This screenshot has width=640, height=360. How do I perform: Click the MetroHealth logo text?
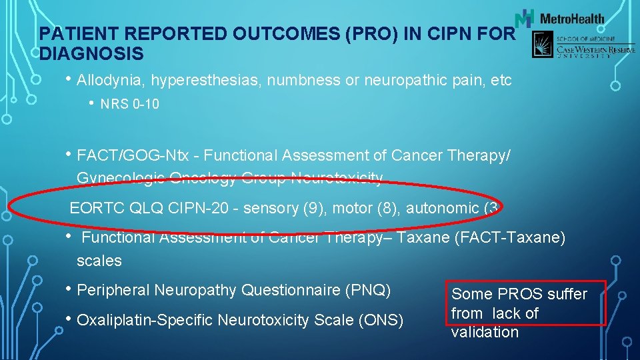pyautogui.click(x=571, y=19)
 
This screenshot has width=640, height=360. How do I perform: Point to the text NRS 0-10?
pyautogui.click(x=130, y=104)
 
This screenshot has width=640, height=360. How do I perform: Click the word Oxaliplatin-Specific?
pyautogui.click(x=146, y=321)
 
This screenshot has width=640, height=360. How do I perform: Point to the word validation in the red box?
pyautogui.click(x=485, y=332)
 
